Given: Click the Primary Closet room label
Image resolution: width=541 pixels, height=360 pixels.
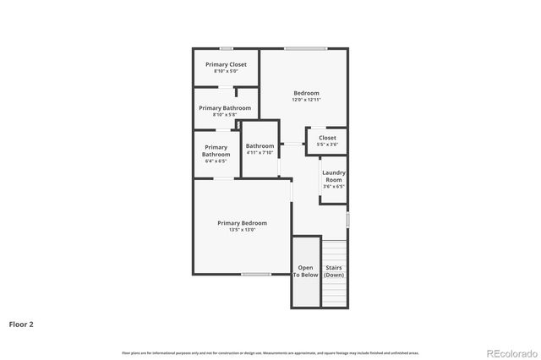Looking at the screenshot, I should tap(226, 64).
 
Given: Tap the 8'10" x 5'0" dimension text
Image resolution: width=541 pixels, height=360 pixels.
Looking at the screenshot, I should tap(226, 71).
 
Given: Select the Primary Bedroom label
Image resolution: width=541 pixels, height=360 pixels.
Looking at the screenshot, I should tap(242, 222).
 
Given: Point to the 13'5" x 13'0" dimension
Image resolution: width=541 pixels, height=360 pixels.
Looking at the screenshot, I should tap(242, 229).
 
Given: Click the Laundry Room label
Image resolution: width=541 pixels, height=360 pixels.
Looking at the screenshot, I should tap(334, 176).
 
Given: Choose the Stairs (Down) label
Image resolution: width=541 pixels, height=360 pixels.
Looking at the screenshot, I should tap(334, 271).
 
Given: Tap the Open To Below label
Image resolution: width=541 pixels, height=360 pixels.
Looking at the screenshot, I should tap(305, 271).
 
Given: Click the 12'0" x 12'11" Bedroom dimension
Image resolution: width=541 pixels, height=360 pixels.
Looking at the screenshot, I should tap(306, 100).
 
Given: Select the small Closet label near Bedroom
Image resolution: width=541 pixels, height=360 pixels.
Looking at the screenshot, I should tap(327, 138).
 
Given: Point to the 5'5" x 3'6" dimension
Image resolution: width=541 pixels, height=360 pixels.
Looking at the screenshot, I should tap(327, 145).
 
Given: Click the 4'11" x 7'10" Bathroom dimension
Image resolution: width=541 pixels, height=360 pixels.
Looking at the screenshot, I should tap(260, 153).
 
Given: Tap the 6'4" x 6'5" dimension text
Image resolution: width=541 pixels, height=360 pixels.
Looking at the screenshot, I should tap(216, 161).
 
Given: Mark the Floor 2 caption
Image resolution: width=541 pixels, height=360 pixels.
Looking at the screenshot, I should tap(21, 324).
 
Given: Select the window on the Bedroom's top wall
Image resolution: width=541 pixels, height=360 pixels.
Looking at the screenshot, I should tap(305, 48).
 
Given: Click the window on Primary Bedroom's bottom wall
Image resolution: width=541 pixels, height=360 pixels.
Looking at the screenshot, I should tap(256, 274).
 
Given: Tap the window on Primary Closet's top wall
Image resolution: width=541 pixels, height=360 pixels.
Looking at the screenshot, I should tap(226, 48).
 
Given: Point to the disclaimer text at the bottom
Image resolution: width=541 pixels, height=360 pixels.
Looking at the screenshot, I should tap(270, 352).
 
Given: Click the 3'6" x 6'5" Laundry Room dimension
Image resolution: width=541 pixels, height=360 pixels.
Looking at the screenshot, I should tap(334, 187).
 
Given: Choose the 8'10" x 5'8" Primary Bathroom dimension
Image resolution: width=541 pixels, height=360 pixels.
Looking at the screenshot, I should tap(226, 115).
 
